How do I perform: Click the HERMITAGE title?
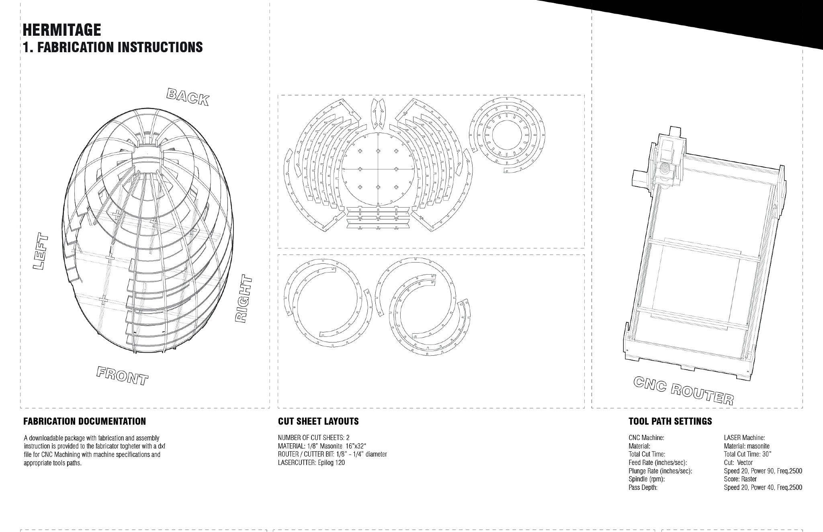pyautogui.click(x=62, y=30)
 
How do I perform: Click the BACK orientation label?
pyautogui.click(x=188, y=97)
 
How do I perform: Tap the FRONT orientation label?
pyautogui.click(x=122, y=376)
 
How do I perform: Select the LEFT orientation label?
pyautogui.click(x=41, y=252)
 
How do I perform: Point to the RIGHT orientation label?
pyautogui.click(x=244, y=298)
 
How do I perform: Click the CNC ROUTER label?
pyautogui.click(x=684, y=391)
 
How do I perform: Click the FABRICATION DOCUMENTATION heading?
pyautogui.click(x=85, y=421)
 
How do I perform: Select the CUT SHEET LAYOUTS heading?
pyautogui.click(x=318, y=421)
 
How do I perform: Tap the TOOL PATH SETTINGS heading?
pyautogui.click(x=670, y=421)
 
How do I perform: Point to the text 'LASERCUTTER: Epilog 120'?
pyautogui.click(x=311, y=463)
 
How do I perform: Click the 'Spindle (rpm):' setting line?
pyautogui.click(x=647, y=479)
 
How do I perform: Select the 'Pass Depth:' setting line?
pyautogui.click(x=643, y=487)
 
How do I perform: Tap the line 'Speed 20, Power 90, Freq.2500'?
pyautogui.click(x=763, y=471)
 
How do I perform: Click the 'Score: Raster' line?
pyautogui.click(x=740, y=479)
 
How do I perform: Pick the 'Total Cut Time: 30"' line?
pyautogui.click(x=747, y=455)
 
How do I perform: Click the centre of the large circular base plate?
pyautogui.click(x=378, y=169)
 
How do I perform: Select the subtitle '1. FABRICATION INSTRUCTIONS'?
pyautogui.click(x=113, y=47)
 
